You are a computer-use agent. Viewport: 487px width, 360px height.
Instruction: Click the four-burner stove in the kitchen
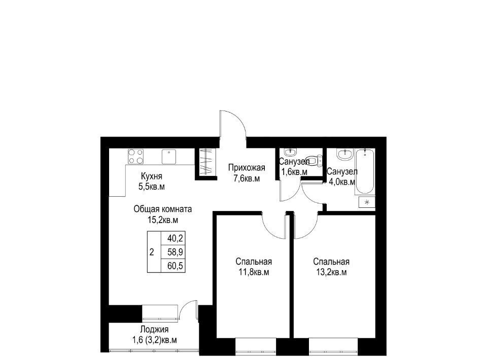136,156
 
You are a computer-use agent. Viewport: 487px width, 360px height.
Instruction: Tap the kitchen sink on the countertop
168,156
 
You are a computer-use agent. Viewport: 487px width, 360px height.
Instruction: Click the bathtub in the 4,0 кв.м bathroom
365,171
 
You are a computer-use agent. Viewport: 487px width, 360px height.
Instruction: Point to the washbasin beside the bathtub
345,154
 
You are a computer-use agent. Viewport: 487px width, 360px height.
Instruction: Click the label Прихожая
247,168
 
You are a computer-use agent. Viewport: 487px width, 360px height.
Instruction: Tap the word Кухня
152,176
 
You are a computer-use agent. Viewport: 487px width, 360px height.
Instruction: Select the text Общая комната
163,209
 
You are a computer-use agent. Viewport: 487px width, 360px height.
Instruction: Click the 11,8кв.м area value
254,272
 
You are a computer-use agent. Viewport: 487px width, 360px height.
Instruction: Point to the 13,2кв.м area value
331,272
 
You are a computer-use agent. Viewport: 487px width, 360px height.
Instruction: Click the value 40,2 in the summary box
176,239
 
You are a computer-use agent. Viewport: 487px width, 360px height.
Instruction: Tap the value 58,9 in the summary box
176,252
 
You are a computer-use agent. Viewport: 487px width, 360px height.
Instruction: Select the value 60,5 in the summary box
176,266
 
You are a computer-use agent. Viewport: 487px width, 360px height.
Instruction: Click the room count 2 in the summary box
152,252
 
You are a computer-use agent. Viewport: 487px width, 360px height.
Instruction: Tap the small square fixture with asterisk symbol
367,202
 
